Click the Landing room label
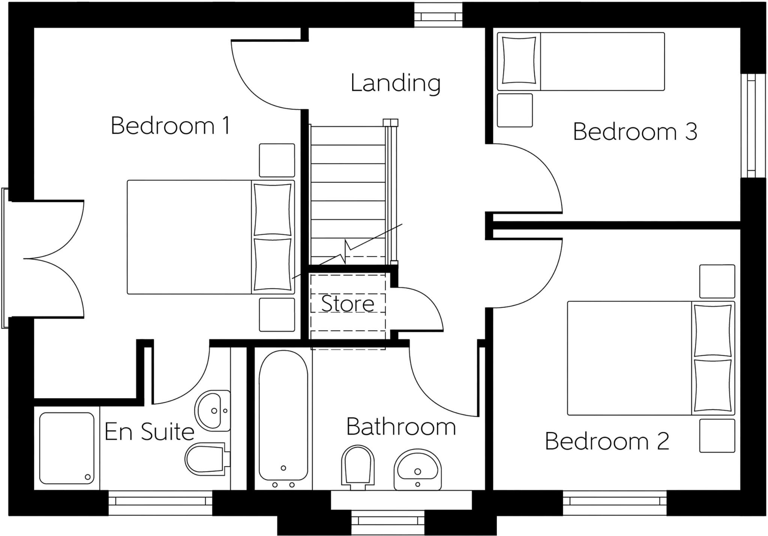click(395, 83)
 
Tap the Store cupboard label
click(348, 304)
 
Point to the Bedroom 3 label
click(635, 132)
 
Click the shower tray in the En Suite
click(67, 449)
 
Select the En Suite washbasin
click(213, 410)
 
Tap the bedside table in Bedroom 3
click(514, 110)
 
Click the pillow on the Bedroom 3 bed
click(519, 60)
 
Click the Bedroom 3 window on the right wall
click(751, 125)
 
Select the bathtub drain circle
click(283, 468)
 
